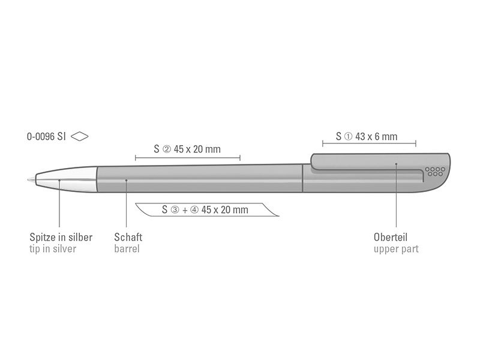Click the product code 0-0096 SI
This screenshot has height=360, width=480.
click(46, 136)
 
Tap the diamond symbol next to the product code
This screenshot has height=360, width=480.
click(80, 136)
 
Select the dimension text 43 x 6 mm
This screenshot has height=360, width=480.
click(376, 136)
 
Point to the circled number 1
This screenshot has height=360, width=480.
click(349, 137)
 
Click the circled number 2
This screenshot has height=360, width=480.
click(167, 149)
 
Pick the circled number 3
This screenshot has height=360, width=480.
click(175, 209)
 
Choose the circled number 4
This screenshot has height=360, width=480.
click(194, 209)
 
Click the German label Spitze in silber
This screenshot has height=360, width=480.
click(61, 237)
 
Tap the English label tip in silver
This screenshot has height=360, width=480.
click(53, 248)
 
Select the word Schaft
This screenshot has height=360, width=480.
click(128, 237)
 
